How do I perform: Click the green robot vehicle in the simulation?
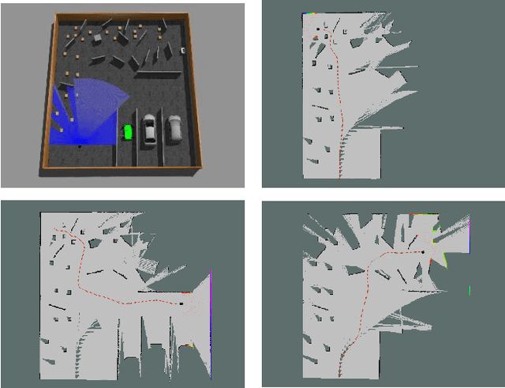pyautogui.click(x=126, y=132)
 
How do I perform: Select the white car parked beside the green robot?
pyautogui.click(x=150, y=130)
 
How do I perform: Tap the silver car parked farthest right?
pyautogui.click(x=174, y=127)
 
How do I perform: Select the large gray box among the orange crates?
pyautogui.click(x=95, y=37)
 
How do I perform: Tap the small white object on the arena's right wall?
pyautogui.click(x=184, y=50)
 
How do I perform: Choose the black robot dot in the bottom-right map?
pyautogui.click(x=423, y=252)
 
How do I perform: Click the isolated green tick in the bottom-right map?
pyautogui.click(x=469, y=288)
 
